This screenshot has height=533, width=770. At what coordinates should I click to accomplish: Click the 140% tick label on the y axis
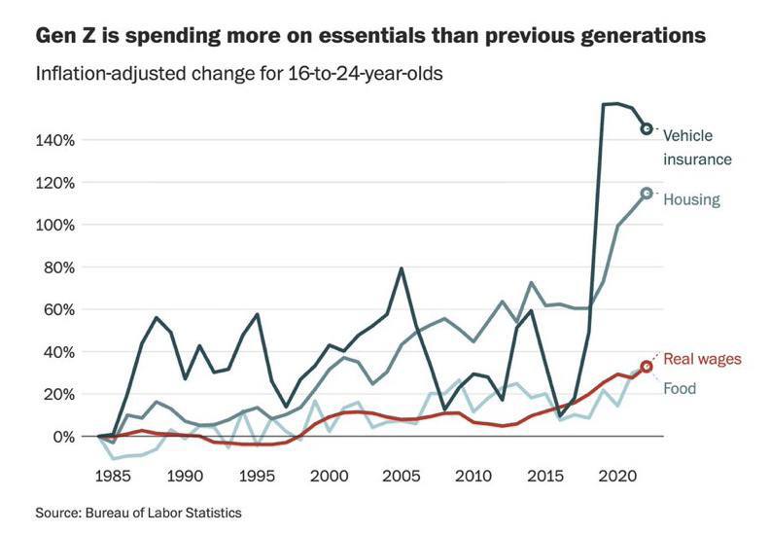pyautogui.click(x=55, y=140)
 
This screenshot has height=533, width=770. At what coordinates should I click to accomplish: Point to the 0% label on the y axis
pyautogui.click(x=63, y=437)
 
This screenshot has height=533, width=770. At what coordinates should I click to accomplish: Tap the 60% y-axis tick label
pyautogui.click(x=59, y=309)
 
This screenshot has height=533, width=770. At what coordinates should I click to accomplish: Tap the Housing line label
pyautogui.click(x=691, y=199)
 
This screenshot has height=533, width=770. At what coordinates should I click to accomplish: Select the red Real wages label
pyautogui.click(x=702, y=358)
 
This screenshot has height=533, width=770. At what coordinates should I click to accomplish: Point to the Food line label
pyautogui.click(x=680, y=388)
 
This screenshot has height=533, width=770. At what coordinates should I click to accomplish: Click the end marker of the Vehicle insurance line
pyautogui.click(x=647, y=128)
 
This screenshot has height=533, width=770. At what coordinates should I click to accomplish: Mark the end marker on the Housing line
pyautogui.click(x=647, y=194)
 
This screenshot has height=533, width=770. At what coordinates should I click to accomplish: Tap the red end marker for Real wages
pyautogui.click(x=647, y=367)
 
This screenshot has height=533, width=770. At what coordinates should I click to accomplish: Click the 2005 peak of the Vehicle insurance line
pyautogui.click(x=402, y=268)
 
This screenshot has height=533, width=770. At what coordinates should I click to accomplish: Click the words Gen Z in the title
pyautogui.click(x=64, y=37)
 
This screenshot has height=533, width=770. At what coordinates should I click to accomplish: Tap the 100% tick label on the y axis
pyautogui.click(x=55, y=225)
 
